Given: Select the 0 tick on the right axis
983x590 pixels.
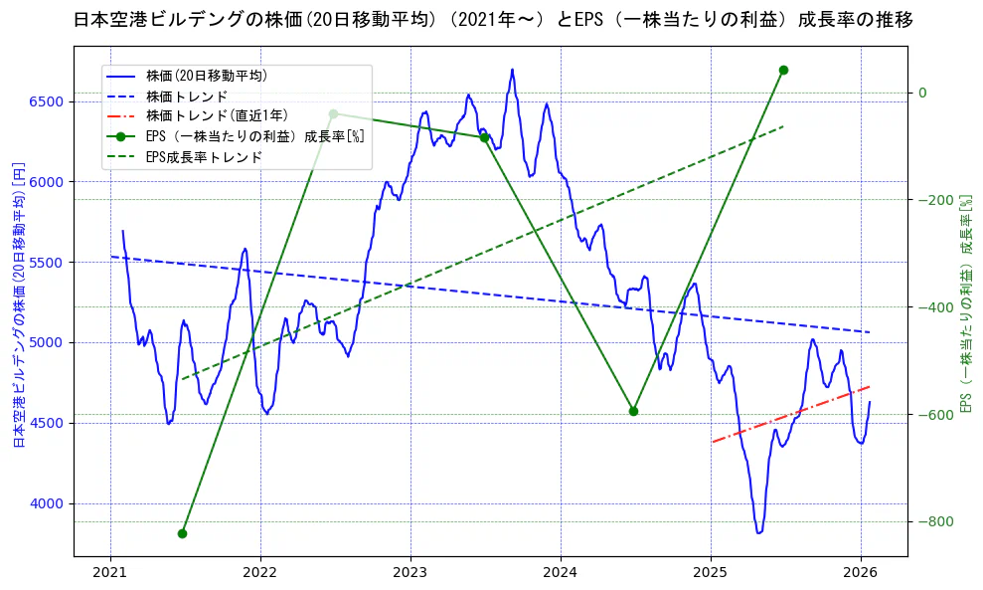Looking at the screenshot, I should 921,93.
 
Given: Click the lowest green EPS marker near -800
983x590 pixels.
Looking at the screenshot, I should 182,533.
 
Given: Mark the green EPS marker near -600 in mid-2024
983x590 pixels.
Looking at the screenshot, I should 633,411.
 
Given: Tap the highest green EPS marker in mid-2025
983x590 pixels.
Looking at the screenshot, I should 783,70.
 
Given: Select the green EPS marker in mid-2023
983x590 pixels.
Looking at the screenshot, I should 484,137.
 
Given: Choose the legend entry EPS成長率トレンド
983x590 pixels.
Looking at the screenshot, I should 204,157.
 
